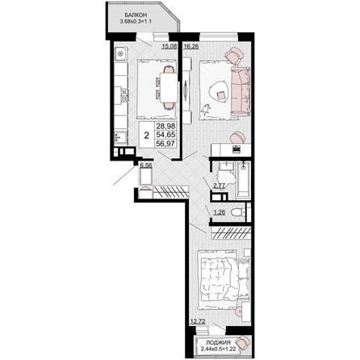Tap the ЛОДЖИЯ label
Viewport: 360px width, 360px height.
(x=218, y=342)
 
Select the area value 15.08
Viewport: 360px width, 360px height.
(x=170, y=46)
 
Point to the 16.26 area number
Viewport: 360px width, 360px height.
(x=191, y=46)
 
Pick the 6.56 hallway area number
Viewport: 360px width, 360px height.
(x=146, y=165)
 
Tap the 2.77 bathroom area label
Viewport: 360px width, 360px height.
(x=219, y=186)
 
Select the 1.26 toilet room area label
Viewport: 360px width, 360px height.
(x=220, y=212)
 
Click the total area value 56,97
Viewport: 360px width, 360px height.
(x=165, y=144)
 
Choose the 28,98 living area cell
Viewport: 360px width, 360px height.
(x=165, y=126)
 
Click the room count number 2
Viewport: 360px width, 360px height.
(x=147, y=136)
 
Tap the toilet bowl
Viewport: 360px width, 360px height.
(x=237, y=212)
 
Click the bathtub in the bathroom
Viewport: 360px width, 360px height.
(x=244, y=180)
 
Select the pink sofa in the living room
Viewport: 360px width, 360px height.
(x=241, y=91)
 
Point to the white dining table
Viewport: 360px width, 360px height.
(x=169, y=87)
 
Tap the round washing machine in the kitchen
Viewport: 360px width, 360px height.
(x=120, y=54)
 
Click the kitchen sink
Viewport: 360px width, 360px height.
(x=120, y=136)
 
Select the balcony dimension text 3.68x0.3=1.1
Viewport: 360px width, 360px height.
(x=136, y=21)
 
